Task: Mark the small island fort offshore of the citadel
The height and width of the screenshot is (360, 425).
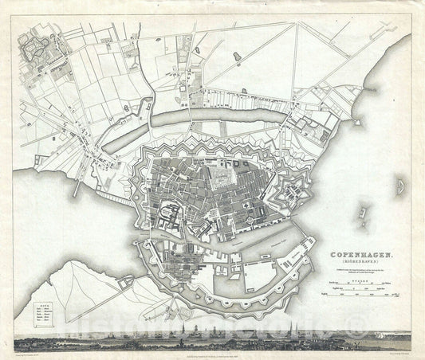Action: click(364, 213)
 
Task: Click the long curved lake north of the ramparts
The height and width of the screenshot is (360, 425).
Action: click(215, 118)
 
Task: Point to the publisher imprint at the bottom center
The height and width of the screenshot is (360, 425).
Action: click(211, 348)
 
